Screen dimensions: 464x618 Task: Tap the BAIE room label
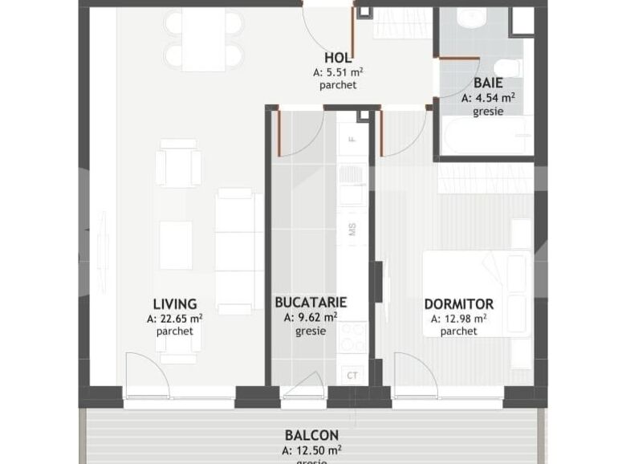pos(488,83)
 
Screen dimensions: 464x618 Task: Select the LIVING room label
pos(175,304)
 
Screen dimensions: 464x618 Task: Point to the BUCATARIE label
pos(311,303)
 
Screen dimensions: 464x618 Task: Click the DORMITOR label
pos(459,304)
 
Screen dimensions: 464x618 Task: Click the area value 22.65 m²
pos(175,318)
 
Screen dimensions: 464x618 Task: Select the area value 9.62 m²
pos(311,317)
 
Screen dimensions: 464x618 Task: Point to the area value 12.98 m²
pos(459,318)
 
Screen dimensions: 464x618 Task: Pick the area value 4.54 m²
pos(488,98)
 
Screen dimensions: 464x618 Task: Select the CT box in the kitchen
pos(352,375)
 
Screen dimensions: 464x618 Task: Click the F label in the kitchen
pos(352,139)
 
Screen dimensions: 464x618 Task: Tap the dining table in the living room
pos(204,39)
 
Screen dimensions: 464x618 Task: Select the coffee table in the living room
pos(176,246)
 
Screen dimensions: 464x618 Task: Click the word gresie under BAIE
pos(488,112)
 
